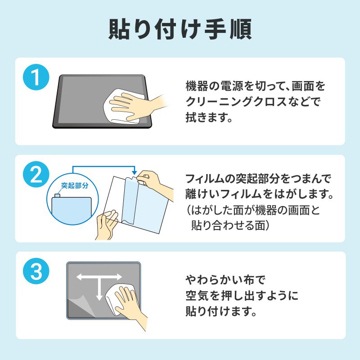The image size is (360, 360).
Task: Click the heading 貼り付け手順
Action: point(180,29)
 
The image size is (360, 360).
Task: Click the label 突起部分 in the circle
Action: point(75,185)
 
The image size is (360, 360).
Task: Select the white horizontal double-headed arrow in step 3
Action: point(99,278)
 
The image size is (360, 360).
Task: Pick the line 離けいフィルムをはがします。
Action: point(258,195)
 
